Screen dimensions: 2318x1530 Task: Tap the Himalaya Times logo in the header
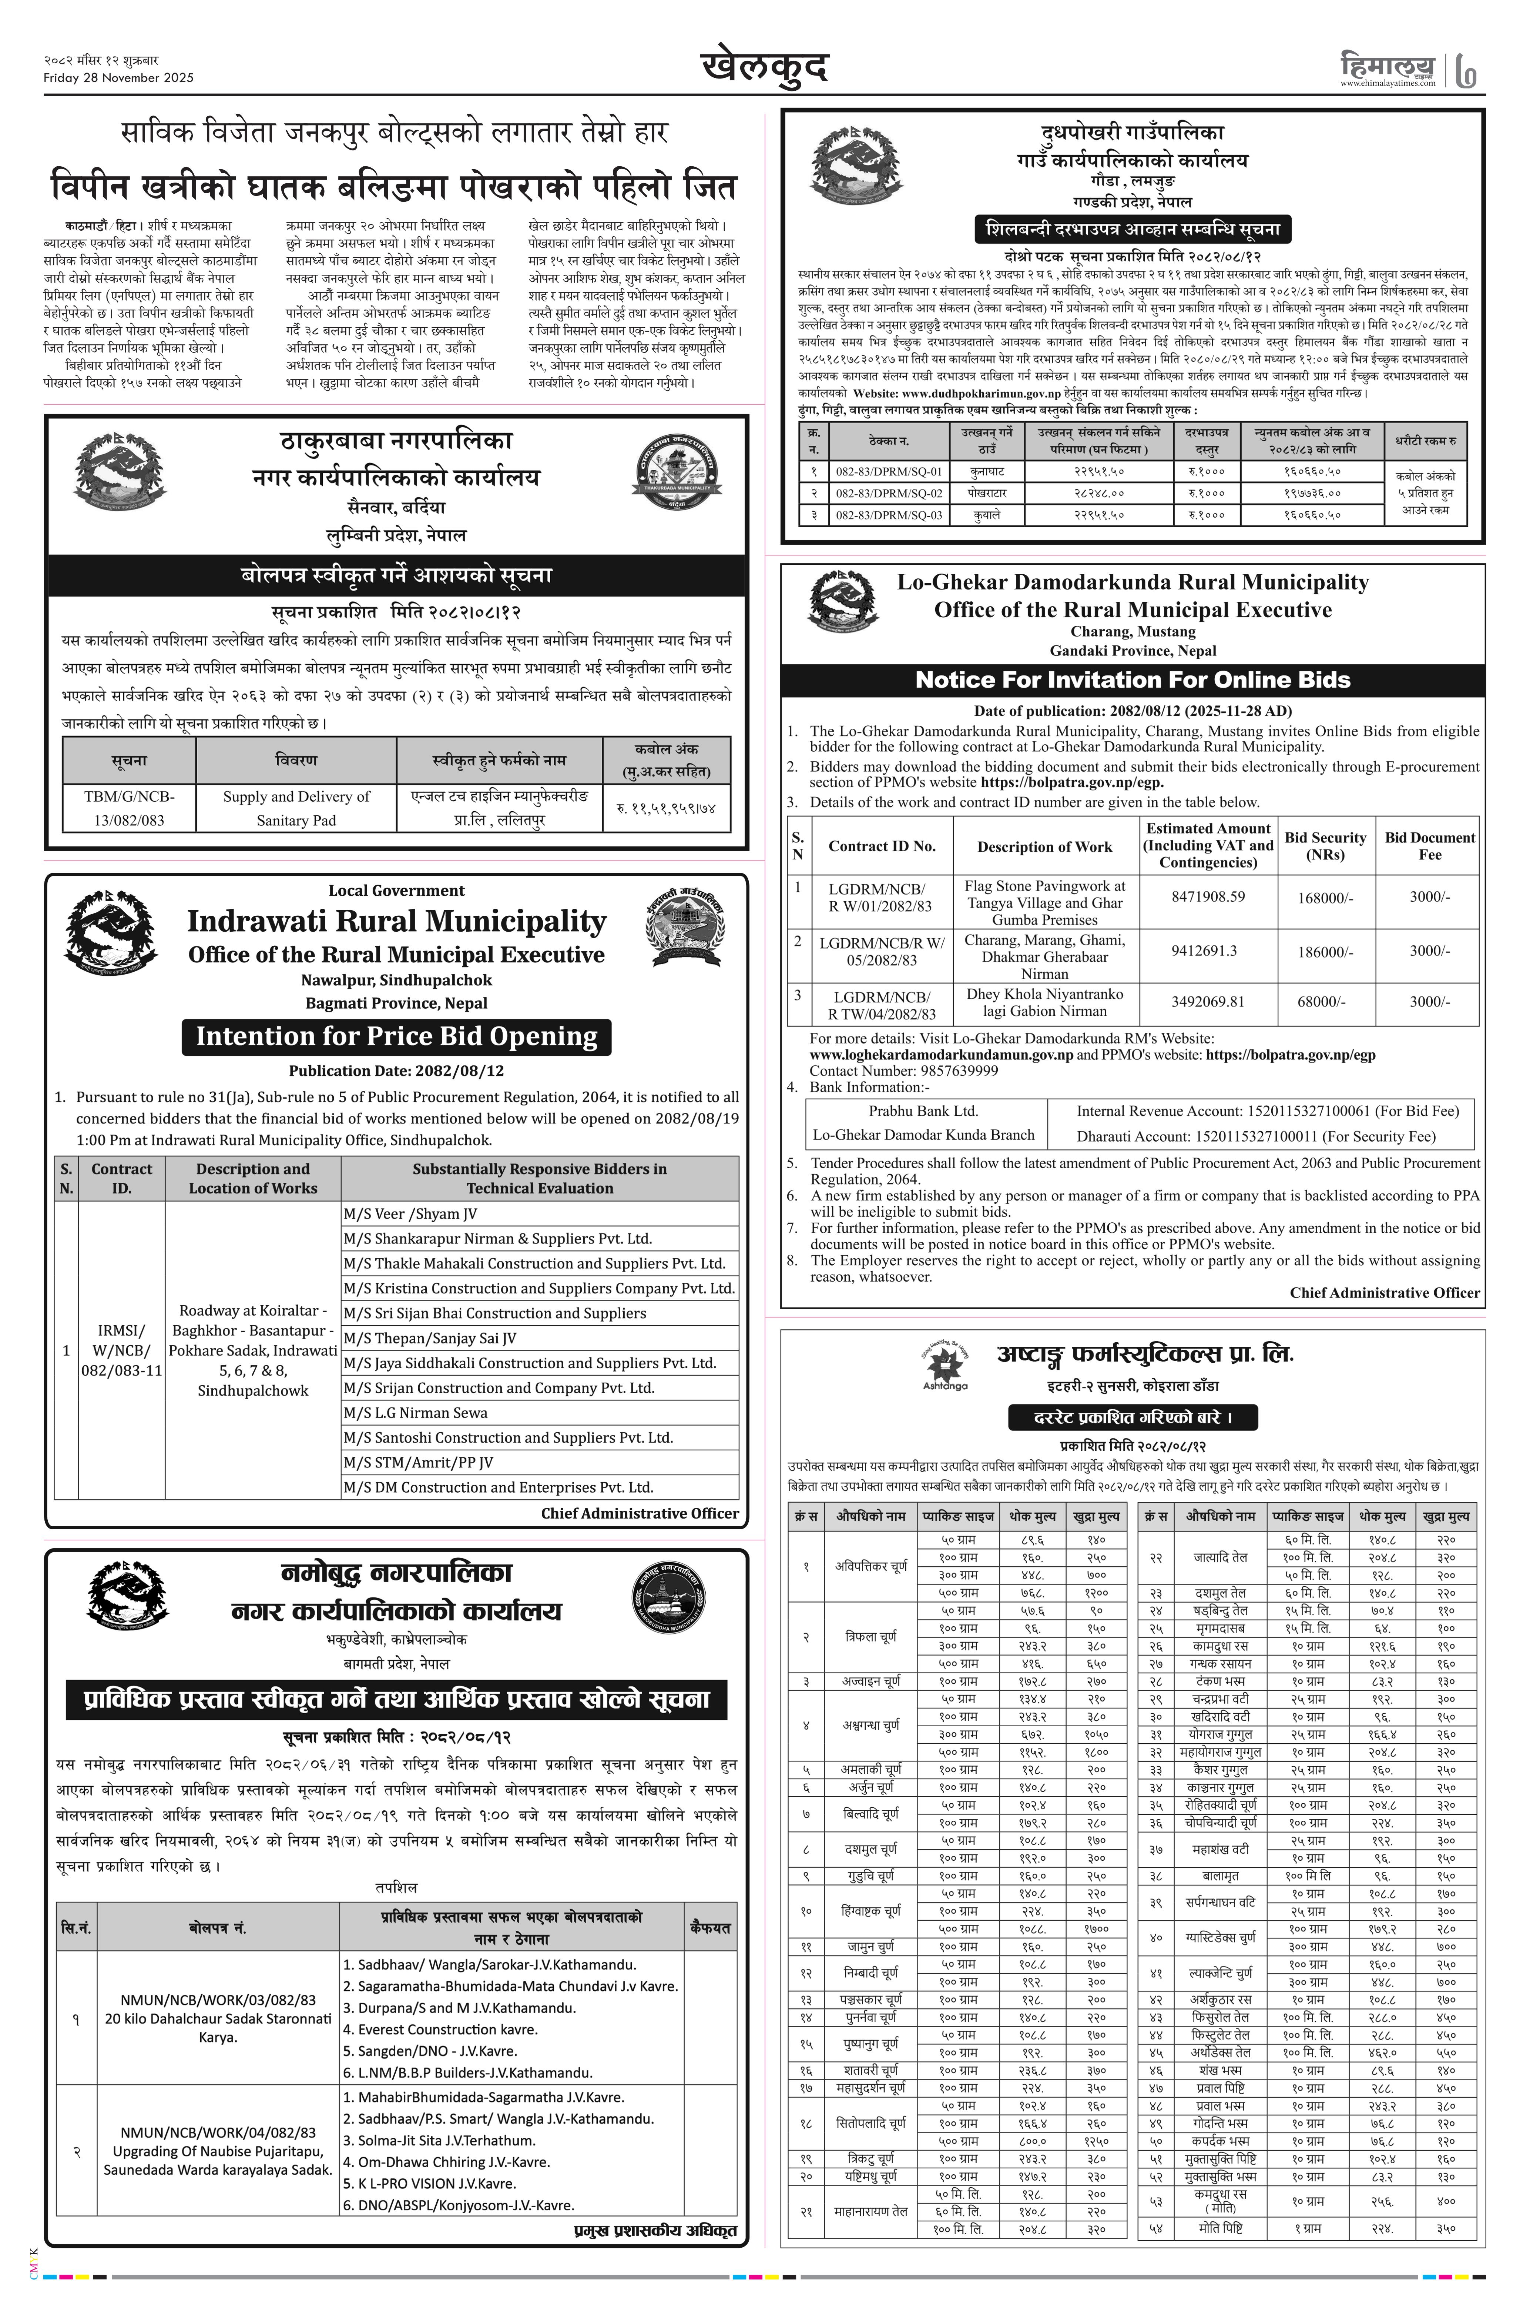1388,69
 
